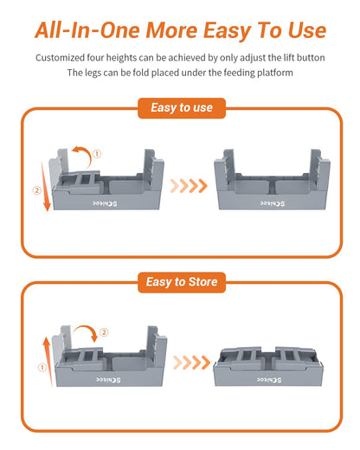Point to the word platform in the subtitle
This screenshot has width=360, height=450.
click(x=268, y=72)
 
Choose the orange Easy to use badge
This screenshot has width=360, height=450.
click(x=180, y=108)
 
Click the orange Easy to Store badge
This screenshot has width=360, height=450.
click(x=180, y=282)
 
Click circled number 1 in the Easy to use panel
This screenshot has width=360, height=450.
click(x=97, y=154)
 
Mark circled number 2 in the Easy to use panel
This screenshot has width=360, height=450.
click(x=36, y=191)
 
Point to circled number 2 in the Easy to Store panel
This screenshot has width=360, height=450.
click(x=104, y=331)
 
